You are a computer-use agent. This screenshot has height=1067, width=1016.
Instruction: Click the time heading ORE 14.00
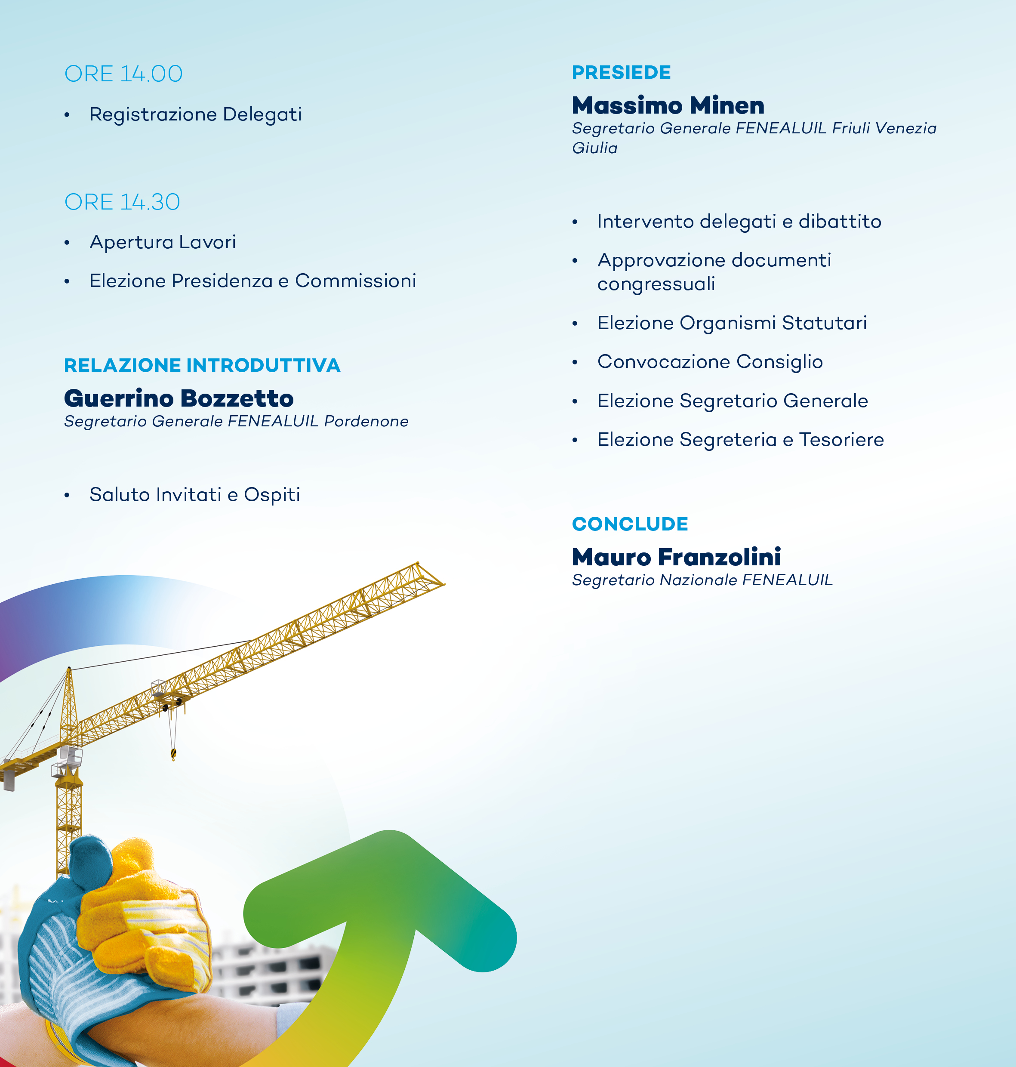123,74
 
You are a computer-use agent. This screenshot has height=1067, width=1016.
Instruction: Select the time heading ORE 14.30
123,202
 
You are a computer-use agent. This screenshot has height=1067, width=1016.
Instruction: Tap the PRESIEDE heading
621,72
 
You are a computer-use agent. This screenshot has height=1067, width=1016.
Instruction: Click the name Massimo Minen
668,105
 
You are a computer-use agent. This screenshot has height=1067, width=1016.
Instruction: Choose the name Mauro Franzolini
677,557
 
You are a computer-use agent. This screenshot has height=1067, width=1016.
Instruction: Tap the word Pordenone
366,421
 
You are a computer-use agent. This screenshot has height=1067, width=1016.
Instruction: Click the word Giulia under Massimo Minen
594,148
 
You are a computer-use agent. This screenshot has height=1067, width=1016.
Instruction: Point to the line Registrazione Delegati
196,114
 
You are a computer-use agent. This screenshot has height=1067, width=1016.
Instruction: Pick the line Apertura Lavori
163,242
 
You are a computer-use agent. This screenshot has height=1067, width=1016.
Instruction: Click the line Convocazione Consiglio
710,361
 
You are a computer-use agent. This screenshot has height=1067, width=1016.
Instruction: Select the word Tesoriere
842,439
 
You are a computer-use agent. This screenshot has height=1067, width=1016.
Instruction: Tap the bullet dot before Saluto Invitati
67,495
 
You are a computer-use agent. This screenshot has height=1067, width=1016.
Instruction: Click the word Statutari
824,323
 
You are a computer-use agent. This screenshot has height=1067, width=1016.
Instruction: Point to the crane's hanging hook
173,753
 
